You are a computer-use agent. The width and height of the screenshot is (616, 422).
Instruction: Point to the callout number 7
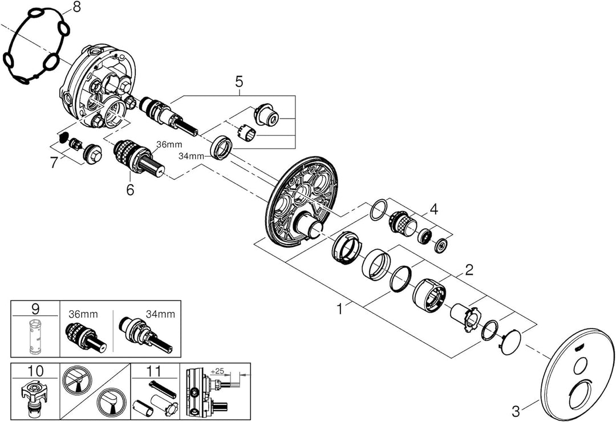coord(54,163)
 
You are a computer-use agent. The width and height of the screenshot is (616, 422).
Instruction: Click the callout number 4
coord(434,210)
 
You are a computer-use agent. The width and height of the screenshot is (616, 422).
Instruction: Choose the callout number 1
coord(340,310)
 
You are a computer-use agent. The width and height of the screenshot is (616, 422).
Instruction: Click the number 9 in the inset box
coord(35,311)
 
